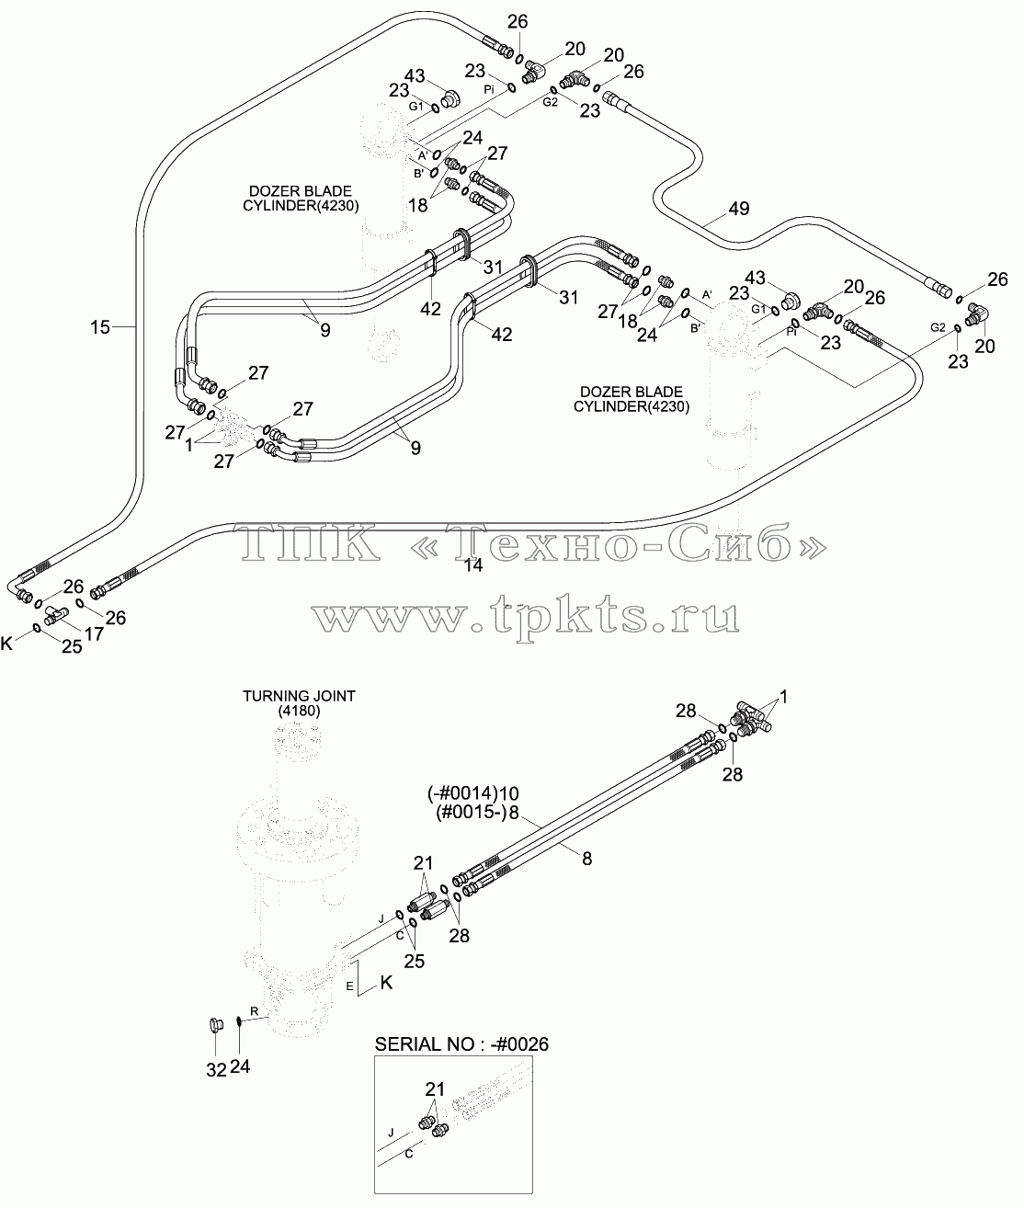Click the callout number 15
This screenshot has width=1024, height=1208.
[x=100, y=327]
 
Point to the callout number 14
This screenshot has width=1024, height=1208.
[x=472, y=564]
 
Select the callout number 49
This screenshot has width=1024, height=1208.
[x=739, y=209]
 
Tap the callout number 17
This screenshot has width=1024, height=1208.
[x=94, y=633]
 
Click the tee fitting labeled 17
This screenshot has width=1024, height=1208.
[x=56, y=614]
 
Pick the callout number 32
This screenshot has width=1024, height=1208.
[x=216, y=1069]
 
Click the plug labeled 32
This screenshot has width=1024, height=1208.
[x=216, y=1026]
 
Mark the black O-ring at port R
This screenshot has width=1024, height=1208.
[x=239, y=1021]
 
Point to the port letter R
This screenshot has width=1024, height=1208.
[x=255, y=1011]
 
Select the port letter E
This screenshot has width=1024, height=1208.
[x=349, y=986]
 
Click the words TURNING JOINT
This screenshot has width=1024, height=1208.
[x=300, y=696]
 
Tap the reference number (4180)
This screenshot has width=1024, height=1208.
[x=299, y=711]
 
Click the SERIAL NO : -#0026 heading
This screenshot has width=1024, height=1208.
[x=461, y=1043]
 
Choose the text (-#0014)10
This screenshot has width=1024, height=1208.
[x=473, y=793]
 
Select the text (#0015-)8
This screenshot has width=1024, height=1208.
[x=477, y=813]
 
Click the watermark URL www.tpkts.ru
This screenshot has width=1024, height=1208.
[x=525, y=615]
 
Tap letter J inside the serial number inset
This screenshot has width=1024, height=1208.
[x=391, y=1132]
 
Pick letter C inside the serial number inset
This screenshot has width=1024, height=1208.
[x=409, y=1155]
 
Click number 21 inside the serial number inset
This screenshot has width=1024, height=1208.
[x=435, y=1088]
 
